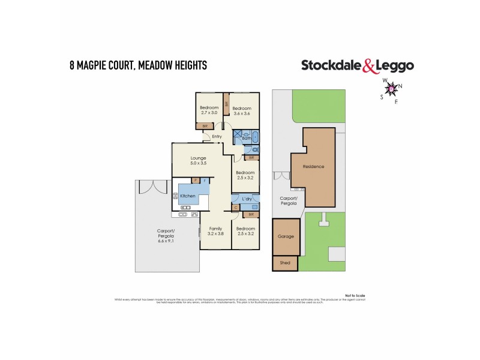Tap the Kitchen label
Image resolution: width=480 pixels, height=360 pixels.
188,197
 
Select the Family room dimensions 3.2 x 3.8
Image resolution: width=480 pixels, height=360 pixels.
215,234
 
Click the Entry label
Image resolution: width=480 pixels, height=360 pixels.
217,137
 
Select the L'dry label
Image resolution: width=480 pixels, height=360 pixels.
246,198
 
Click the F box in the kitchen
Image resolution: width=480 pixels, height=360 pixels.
205,181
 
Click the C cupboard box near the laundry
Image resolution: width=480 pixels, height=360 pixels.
236,208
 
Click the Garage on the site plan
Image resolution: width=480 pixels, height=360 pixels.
286,236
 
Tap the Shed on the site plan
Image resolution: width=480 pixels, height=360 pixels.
285,263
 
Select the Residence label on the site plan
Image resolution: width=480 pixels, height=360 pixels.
313,167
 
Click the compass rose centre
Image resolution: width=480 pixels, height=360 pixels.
391,89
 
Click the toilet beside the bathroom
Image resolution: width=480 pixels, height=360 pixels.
256,149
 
